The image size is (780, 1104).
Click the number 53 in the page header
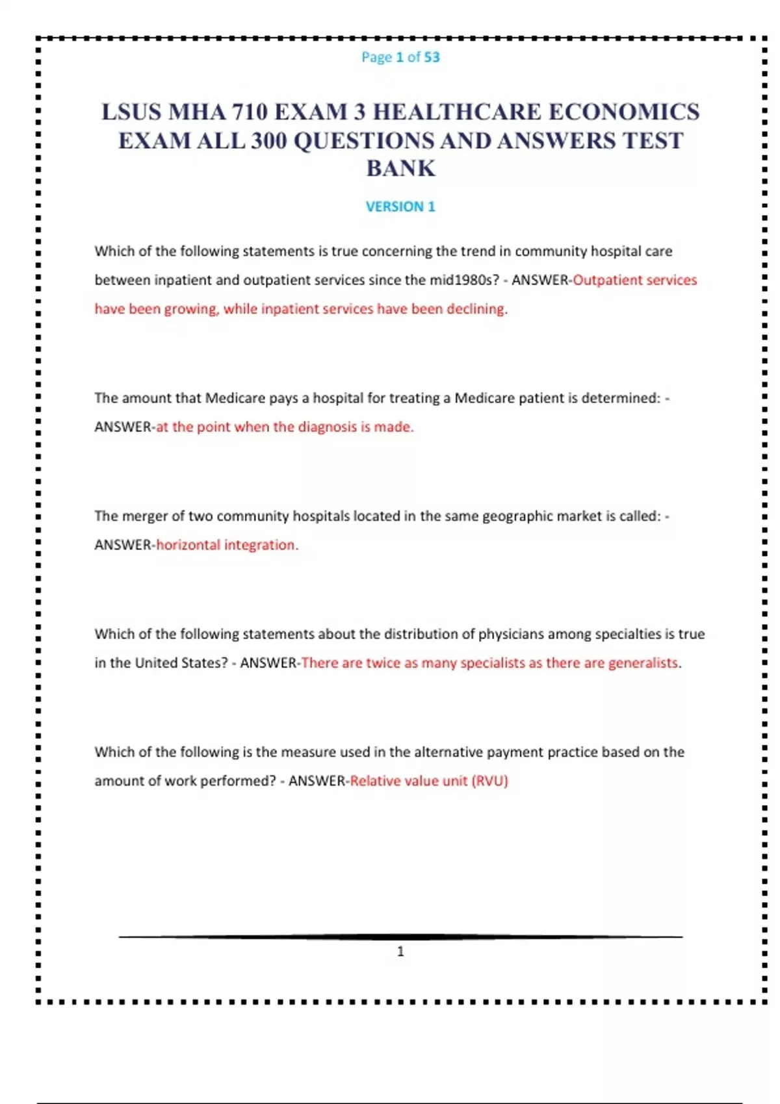click(432, 57)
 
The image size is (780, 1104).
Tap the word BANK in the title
click(400, 168)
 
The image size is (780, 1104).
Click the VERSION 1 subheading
click(400, 207)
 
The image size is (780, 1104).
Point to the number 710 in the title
click(246, 112)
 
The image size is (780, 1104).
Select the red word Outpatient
click(604, 280)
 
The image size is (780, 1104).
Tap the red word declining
click(474, 309)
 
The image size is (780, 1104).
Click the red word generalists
click(644, 663)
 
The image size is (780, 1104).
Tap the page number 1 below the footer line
click(400, 951)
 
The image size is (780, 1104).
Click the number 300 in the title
click(268, 140)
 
